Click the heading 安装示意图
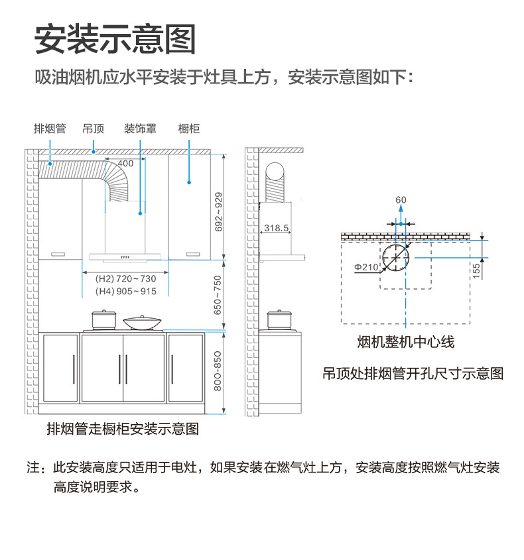(115, 40)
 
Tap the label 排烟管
(50, 129)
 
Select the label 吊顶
(94, 129)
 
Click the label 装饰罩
(140, 129)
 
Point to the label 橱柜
(189, 129)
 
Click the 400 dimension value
(125, 163)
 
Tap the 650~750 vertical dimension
(219, 295)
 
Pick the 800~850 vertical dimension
(219, 371)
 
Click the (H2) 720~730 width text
(126, 279)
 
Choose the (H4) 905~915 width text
(126, 292)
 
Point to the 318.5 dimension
(277, 228)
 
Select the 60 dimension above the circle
(401, 200)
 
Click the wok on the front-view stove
(143, 323)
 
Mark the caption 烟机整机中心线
(406, 342)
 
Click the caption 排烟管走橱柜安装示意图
(123, 429)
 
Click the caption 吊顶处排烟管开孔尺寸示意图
(413, 374)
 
